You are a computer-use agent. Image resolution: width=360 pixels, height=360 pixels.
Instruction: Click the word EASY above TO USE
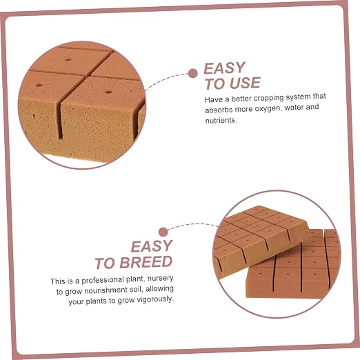(x=225, y=68)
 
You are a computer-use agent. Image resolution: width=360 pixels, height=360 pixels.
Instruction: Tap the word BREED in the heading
(x=146, y=262)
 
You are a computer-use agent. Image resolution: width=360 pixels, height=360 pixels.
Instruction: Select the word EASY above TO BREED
(x=152, y=246)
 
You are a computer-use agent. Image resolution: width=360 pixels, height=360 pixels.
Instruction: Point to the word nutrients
(x=221, y=120)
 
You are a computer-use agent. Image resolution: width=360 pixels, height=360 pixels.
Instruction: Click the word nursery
(x=160, y=279)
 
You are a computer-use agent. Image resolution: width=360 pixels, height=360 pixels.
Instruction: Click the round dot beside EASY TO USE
(x=192, y=74)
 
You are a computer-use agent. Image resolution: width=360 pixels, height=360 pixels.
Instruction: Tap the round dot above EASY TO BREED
(x=163, y=232)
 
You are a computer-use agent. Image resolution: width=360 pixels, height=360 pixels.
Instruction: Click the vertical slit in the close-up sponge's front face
(x=60, y=120)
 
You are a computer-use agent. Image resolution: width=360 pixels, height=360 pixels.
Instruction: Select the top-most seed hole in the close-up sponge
(x=68, y=59)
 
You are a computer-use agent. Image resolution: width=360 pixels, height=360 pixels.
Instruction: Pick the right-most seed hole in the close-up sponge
(x=108, y=92)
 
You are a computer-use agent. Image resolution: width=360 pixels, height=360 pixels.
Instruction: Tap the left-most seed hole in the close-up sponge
(x=39, y=85)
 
